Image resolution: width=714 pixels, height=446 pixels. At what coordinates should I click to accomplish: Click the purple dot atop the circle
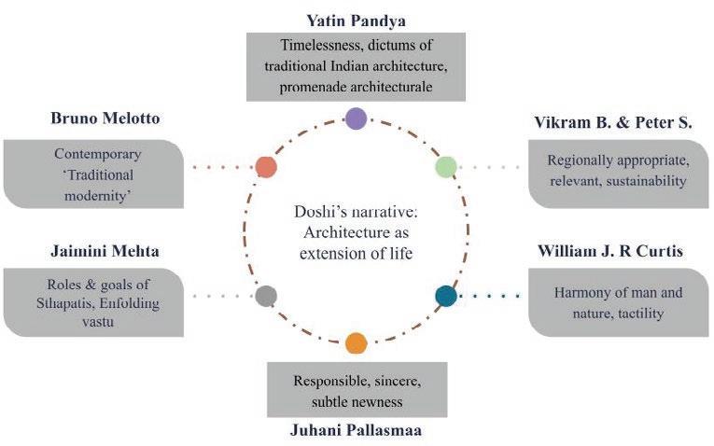[x=356, y=118]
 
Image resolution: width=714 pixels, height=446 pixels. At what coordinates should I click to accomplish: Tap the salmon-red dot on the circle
[x=266, y=168]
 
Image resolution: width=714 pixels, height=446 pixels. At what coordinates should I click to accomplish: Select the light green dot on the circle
[x=446, y=167]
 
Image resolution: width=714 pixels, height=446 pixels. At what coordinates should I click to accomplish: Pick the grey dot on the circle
[x=266, y=296]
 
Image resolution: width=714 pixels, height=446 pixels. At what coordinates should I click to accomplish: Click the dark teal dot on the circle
[x=446, y=296]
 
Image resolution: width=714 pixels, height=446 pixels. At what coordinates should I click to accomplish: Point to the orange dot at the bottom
[x=356, y=342]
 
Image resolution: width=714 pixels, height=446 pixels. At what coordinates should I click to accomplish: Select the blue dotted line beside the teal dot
[x=489, y=297]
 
